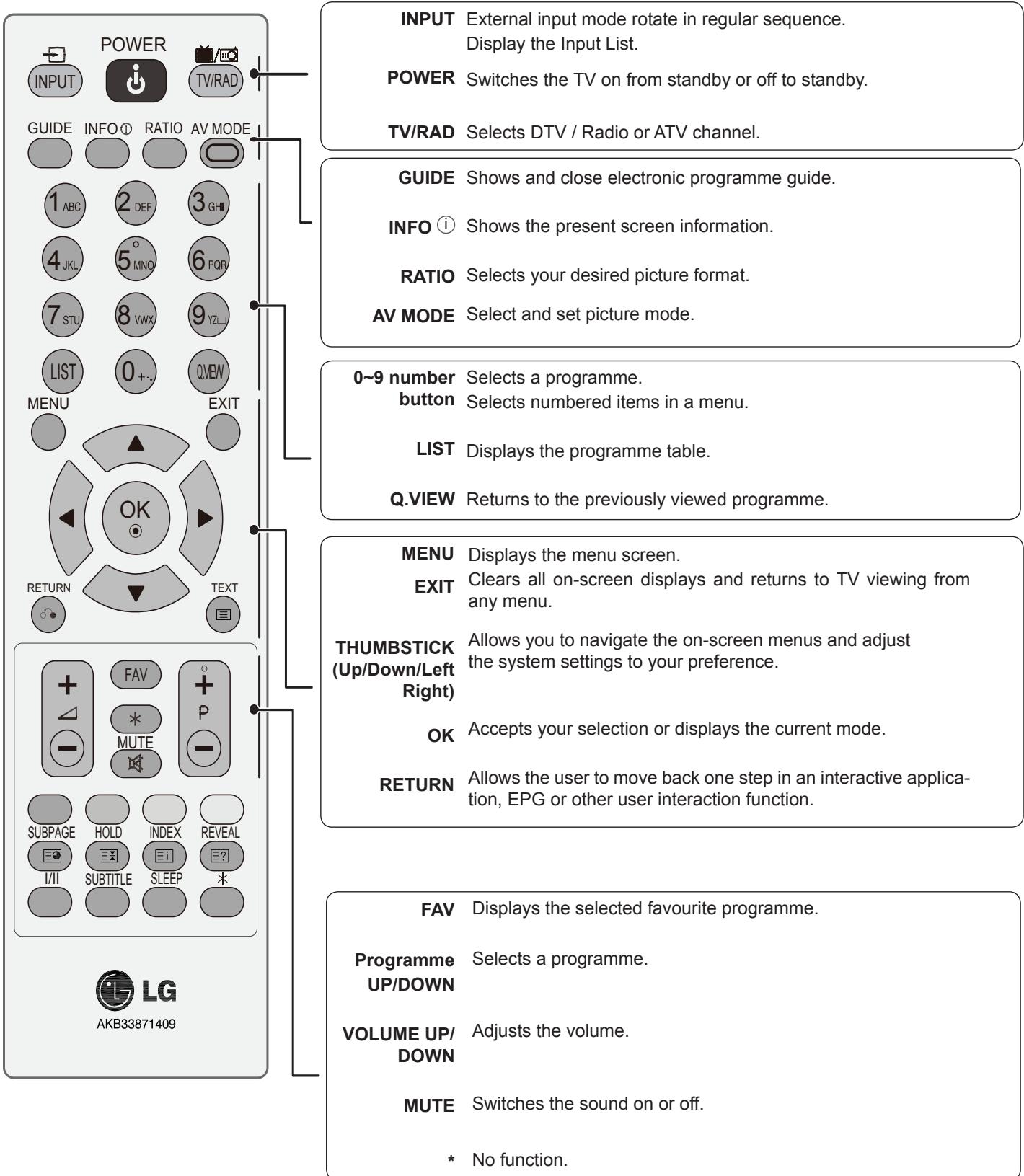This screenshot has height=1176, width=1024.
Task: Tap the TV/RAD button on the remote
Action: (216, 81)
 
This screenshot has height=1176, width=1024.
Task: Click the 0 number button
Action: (136, 373)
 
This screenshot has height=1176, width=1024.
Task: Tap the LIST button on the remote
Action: (63, 372)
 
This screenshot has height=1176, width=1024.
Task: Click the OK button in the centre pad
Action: (136, 516)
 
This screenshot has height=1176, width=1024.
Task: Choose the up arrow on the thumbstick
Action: (136, 444)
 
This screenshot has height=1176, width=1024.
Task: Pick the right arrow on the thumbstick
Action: (204, 517)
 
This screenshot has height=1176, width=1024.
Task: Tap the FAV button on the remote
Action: (136, 675)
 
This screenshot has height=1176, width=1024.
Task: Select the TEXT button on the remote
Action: (224, 614)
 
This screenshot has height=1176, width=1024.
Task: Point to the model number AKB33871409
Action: (136, 1024)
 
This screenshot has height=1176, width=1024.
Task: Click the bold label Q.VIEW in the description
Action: (423, 499)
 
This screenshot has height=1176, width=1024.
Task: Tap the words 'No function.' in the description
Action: (519, 1160)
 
